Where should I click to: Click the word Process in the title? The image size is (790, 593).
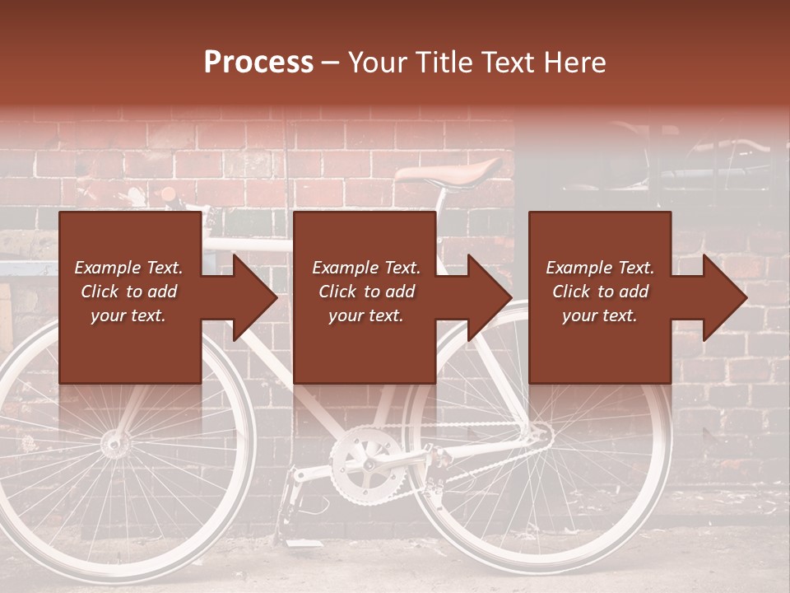click(258, 63)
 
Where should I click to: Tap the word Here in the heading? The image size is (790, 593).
click(576, 63)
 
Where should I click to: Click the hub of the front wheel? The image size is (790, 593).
click(115, 445)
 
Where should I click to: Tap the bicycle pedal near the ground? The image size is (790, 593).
click(290, 498)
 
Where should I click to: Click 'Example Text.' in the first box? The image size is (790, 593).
click(128, 268)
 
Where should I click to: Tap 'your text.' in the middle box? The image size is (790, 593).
click(365, 316)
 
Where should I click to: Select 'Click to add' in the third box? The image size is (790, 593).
click(600, 292)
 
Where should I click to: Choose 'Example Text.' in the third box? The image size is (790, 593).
click(600, 268)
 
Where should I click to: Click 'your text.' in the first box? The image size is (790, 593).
click(128, 316)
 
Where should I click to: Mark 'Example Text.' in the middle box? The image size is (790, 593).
click(365, 268)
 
